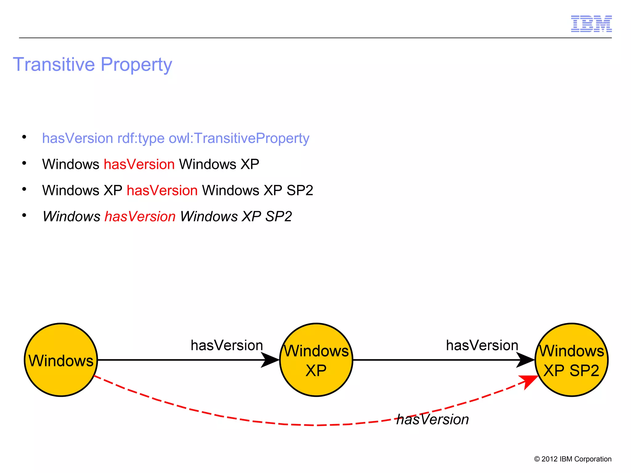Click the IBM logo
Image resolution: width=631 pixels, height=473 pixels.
click(x=591, y=24)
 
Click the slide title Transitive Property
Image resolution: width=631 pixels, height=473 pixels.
click(x=92, y=64)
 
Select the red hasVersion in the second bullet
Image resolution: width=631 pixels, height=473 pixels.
click(x=139, y=164)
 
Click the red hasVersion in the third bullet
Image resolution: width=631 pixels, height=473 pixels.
click(x=162, y=190)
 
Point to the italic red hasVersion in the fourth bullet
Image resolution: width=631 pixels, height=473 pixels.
click(x=140, y=216)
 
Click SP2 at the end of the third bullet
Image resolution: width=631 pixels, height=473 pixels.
click(x=300, y=190)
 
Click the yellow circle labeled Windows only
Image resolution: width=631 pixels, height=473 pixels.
click(x=61, y=360)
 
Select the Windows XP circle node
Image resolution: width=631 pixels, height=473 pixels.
click(x=316, y=360)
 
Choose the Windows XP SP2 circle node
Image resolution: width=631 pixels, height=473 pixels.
click(x=572, y=360)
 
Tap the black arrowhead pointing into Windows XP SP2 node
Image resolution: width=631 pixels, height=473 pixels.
click(x=525, y=360)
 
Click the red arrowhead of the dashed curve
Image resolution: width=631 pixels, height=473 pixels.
click(x=529, y=381)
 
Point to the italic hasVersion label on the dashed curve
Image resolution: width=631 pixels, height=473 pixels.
click(x=432, y=419)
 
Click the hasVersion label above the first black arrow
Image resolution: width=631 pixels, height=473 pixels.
click(x=227, y=345)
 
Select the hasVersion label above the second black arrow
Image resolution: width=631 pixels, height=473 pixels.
click(x=482, y=345)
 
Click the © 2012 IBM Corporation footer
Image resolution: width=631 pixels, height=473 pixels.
click(x=572, y=459)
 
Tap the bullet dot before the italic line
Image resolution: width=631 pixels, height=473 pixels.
click(x=24, y=215)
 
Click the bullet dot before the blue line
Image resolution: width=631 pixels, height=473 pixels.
click(x=24, y=137)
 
